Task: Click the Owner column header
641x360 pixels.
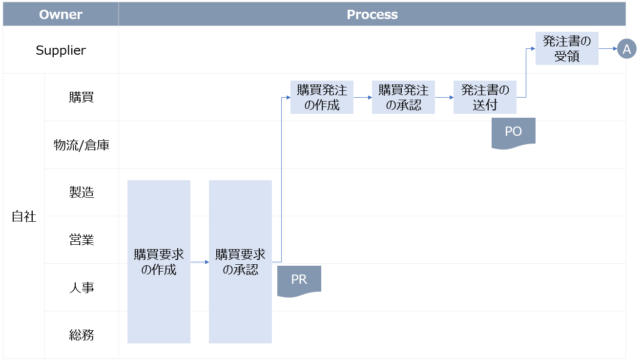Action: point(61,15)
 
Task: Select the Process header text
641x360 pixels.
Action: point(372,15)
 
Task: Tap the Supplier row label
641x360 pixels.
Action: point(61,50)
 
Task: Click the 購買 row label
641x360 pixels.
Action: point(81,97)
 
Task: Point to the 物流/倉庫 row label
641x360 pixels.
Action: point(81,145)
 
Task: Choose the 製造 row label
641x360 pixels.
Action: point(81,192)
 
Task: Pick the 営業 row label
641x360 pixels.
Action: point(81,240)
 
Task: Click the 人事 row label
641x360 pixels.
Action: point(81,288)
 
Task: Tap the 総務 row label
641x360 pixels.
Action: point(81,335)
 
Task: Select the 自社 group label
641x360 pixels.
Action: point(24,216)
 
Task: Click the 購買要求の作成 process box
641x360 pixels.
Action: point(159,262)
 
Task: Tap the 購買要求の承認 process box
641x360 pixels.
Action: point(240,262)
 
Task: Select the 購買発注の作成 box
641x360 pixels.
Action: point(322,97)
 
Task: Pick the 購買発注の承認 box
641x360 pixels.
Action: point(403,97)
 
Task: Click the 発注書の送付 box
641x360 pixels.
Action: point(485,97)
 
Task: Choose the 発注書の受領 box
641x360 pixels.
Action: point(567,49)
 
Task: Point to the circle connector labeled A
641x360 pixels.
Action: point(627,49)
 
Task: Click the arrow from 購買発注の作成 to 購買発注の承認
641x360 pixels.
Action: point(363,98)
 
